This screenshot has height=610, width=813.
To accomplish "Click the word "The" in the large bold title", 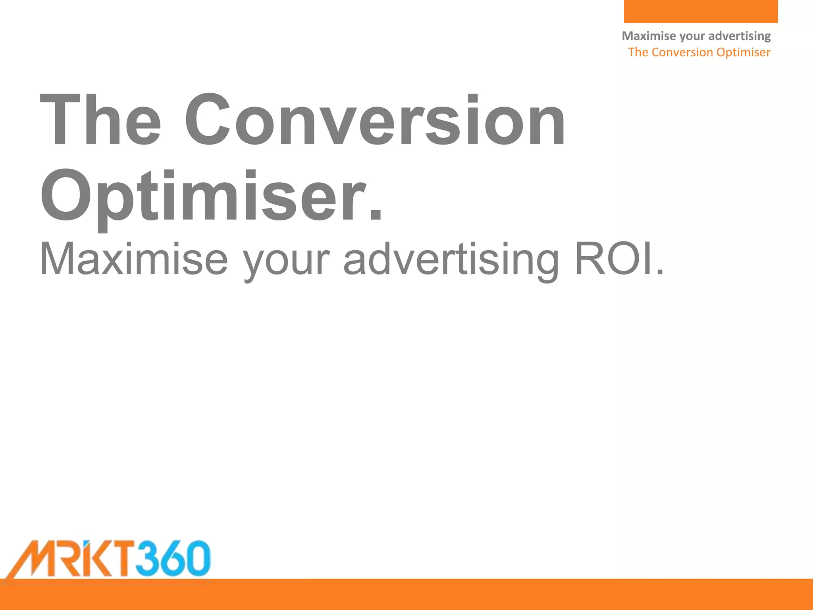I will pyautogui.click(x=100, y=120).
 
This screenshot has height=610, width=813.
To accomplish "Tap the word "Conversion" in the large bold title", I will pyautogui.click(x=375, y=120).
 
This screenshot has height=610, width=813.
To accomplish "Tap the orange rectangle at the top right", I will pyautogui.click(x=701, y=11).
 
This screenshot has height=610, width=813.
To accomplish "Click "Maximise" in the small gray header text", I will pyautogui.click(x=649, y=36).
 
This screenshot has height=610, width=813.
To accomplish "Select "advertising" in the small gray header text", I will pyautogui.click(x=740, y=36).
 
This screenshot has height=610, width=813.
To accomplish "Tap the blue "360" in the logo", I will pyautogui.click(x=173, y=558).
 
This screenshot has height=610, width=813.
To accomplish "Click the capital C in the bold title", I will pyautogui.click(x=208, y=120).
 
